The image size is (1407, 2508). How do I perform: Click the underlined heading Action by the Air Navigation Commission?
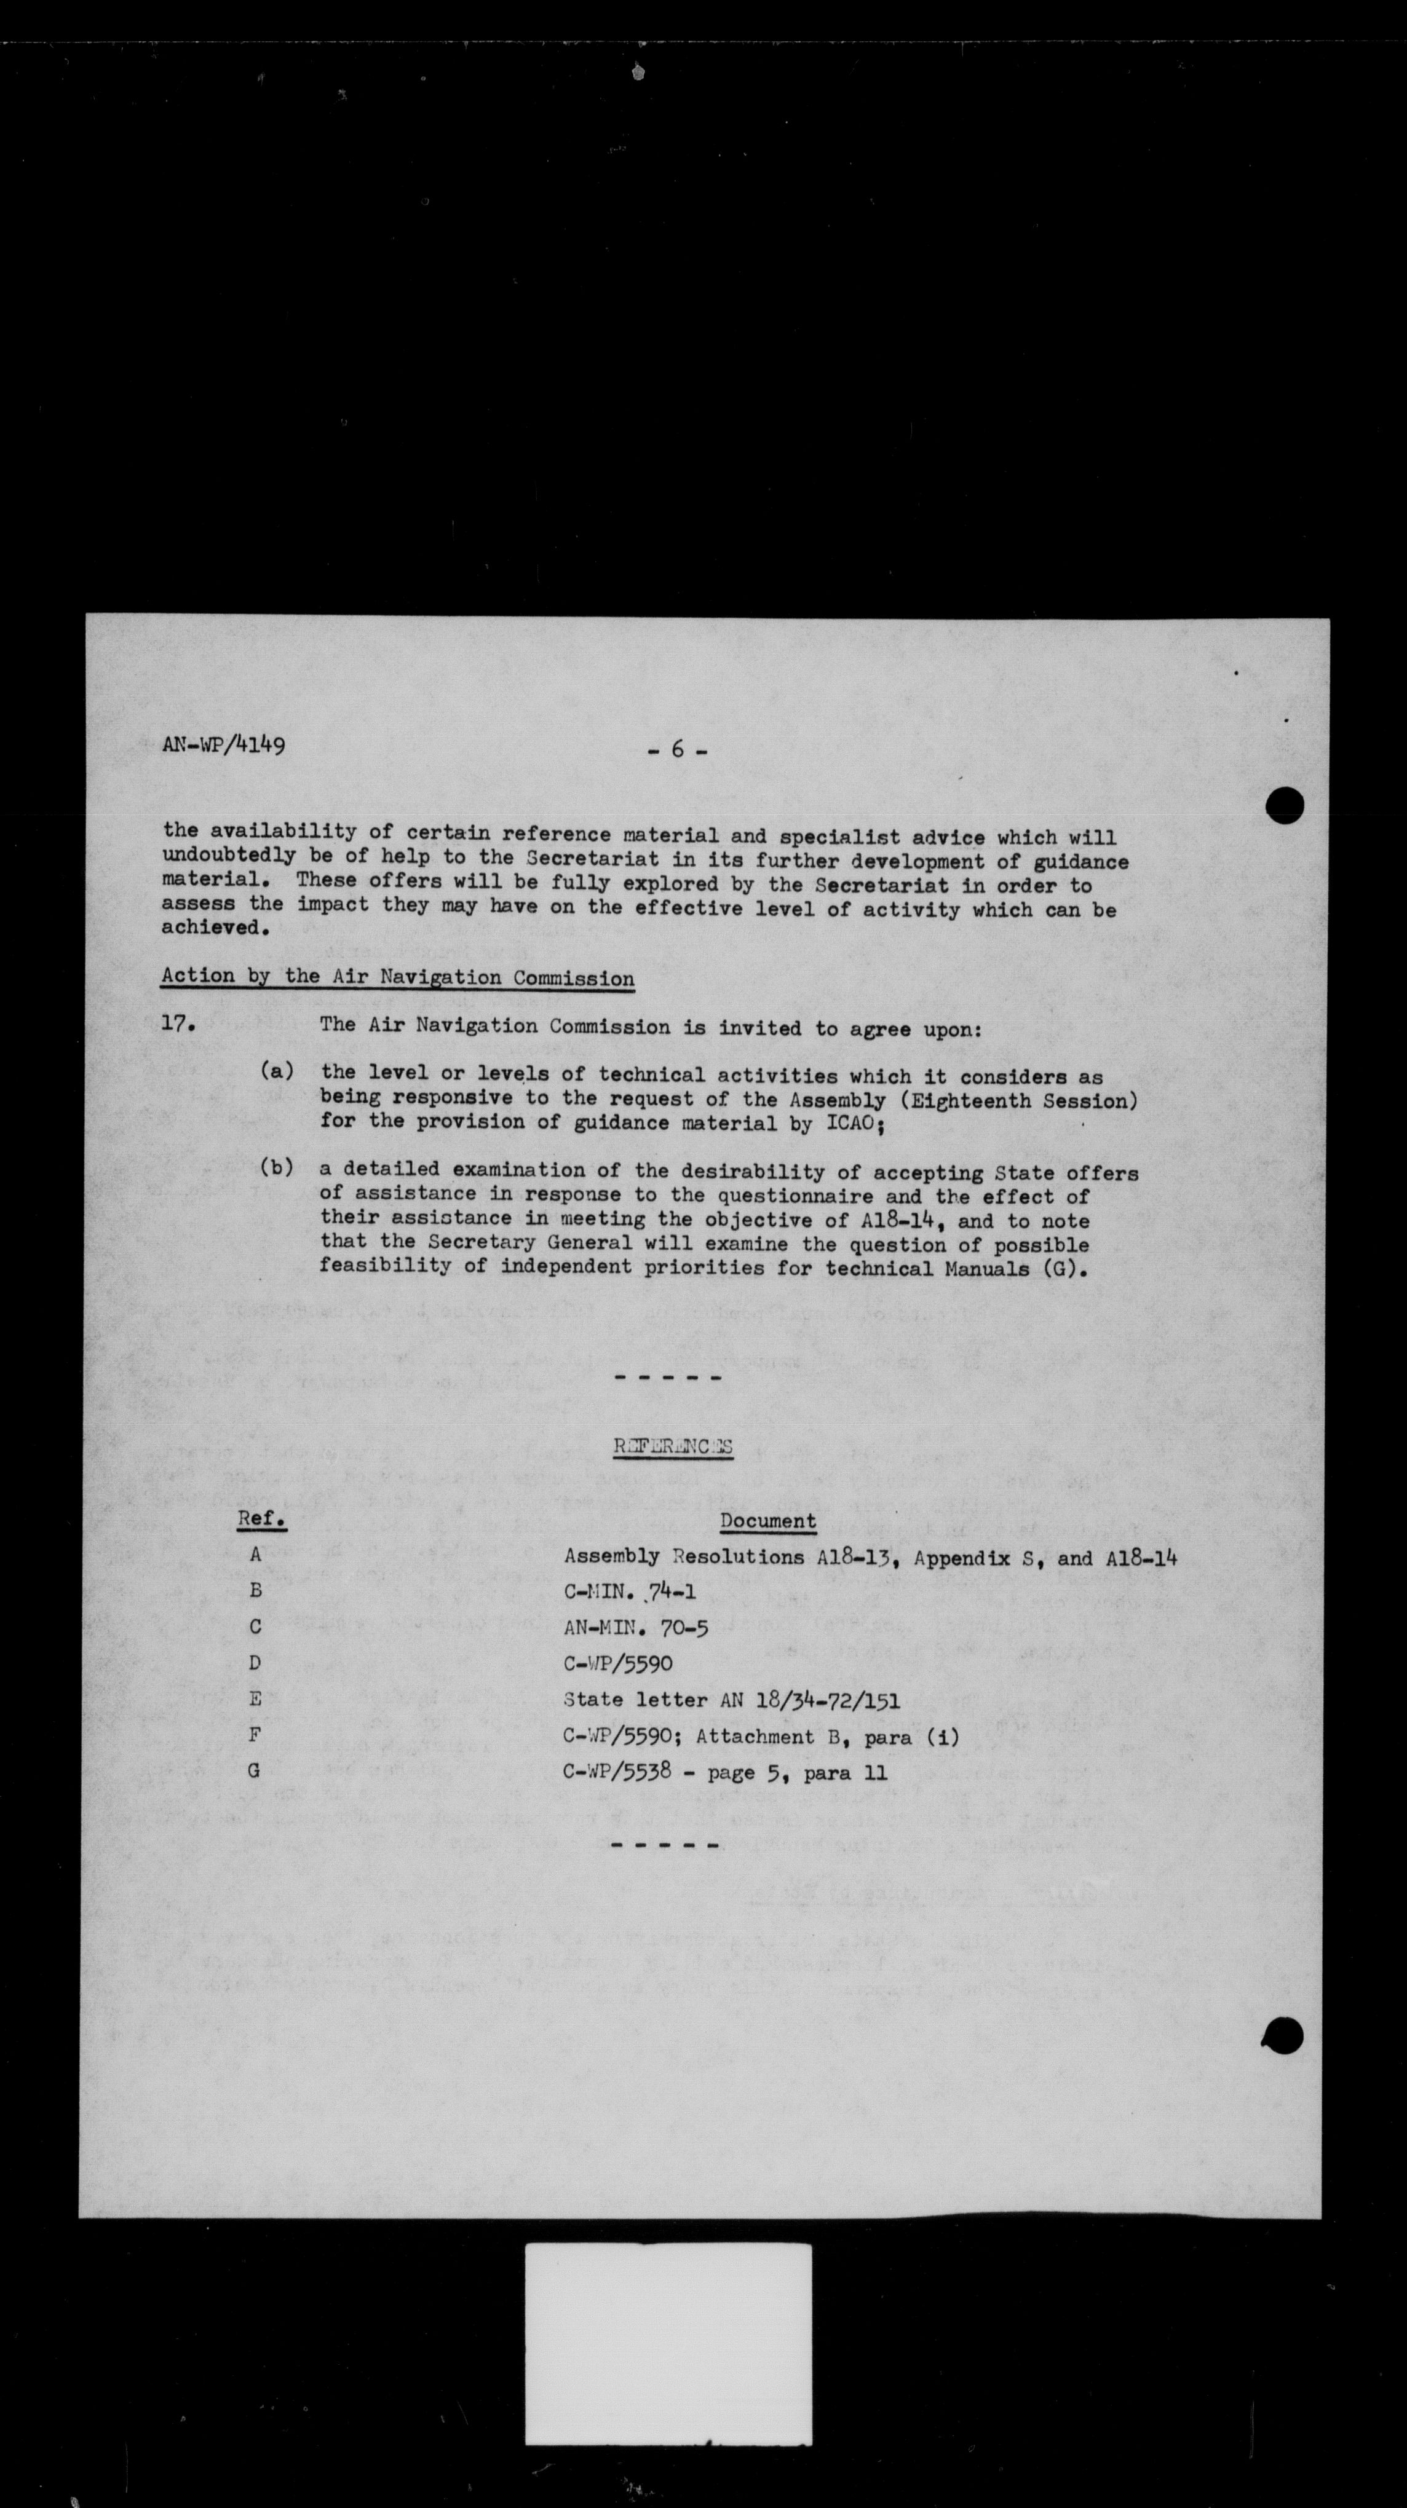coord(397,977)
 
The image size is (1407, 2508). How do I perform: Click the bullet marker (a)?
coord(277,1071)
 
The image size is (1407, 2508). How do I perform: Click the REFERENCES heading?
coord(673,1447)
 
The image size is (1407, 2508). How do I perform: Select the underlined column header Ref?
coord(261,1519)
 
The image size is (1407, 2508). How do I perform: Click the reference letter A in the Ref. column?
coord(255,1555)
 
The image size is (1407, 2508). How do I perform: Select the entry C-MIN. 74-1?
coord(629,1592)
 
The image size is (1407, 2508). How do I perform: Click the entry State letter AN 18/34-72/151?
coord(731,1700)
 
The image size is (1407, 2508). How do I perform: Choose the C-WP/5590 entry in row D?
coord(617,1664)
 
